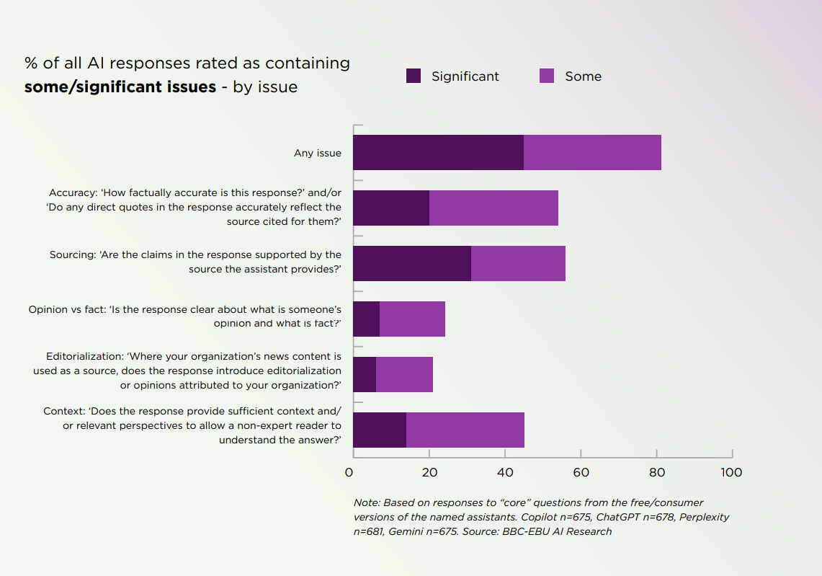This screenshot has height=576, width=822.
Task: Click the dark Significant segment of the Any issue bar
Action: (438, 153)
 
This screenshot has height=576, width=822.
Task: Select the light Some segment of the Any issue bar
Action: (592, 153)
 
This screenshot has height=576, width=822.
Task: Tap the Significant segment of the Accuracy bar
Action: (391, 208)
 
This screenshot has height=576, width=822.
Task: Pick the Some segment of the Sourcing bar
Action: (518, 264)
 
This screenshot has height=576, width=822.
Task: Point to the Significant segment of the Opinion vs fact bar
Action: (366, 319)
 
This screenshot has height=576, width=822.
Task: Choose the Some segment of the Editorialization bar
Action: (404, 375)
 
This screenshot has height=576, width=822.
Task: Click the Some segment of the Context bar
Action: (465, 430)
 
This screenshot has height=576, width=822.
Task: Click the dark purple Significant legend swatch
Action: (414, 76)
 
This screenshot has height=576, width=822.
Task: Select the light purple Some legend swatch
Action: (547, 76)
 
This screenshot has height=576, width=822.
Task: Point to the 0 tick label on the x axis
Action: (349, 473)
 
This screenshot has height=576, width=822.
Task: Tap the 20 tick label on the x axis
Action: (429, 473)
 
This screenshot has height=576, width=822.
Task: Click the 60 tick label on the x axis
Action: (581, 473)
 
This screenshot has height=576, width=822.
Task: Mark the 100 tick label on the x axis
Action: (731, 473)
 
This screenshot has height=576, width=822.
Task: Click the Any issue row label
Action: (318, 154)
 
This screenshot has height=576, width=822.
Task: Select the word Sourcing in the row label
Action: (73, 255)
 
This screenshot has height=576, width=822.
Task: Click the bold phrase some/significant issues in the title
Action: (120, 87)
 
